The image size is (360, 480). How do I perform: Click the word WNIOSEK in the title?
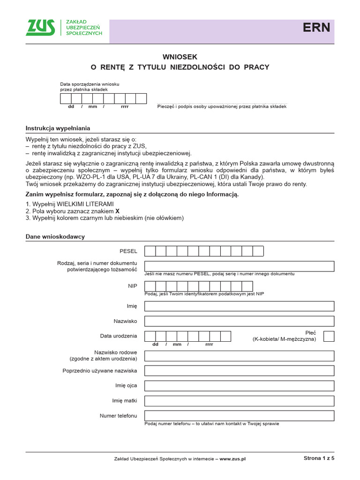pyautogui.click(x=180, y=56)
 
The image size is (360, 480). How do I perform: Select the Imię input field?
pyautogui.click(x=239, y=306)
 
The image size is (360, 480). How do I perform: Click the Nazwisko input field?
pyautogui.click(x=239, y=321)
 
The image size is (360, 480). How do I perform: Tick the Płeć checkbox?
pyautogui.click(x=329, y=336)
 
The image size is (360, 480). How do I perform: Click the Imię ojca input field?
pyautogui.click(x=239, y=385)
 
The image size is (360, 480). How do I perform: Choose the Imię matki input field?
pyautogui.click(x=239, y=400)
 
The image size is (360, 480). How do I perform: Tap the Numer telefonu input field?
pyautogui.click(x=239, y=415)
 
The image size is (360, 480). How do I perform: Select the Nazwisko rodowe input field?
pyautogui.click(x=239, y=356)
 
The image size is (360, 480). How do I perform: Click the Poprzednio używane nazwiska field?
pyautogui.click(x=239, y=371)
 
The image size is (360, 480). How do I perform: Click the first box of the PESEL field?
pyautogui.click(x=150, y=251)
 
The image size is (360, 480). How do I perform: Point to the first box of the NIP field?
pyautogui.click(x=150, y=286)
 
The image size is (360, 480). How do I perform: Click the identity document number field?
pyautogui.click(x=239, y=266)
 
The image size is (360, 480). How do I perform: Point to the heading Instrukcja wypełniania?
pyautogui.click(x=58, y=128)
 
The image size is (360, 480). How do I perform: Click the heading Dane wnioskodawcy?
pyautogui.click(x=55, y=237)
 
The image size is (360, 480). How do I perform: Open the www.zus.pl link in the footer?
pyautogui.click(x=232, y=459)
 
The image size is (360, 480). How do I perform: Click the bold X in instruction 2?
pyautogui.click(x=117, y=211)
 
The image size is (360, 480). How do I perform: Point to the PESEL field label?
pyautogui.click(x=128, y=251)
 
